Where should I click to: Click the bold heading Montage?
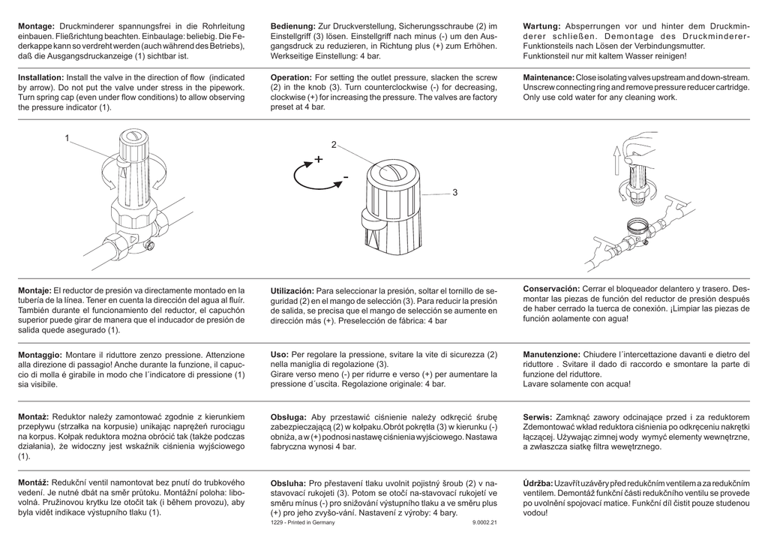(x=36, y=27)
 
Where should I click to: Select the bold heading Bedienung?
(x=292, y=27)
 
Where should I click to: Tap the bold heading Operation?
(x=291, y=78)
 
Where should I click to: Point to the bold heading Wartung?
(x=541, y=27)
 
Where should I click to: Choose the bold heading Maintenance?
(x=548, y=78)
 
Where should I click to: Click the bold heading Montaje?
(x=34, y=290)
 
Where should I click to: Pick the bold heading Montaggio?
(x=40, y=354)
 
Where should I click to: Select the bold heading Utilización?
(x=292, y=290)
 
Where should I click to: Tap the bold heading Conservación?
(x=551, y=289)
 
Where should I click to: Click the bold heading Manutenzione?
(x=551, y=354)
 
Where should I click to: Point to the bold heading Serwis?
(x=538, y=416)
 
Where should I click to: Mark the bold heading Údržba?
(x=537, y=482)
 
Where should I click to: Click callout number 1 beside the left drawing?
(x=66, y=139)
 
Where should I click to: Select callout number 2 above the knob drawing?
(x=334, y=144)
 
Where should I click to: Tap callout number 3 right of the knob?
(x=454, y=194)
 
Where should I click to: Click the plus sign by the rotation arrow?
(x=319, y=160)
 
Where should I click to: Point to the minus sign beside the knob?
(x=346, y=177)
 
